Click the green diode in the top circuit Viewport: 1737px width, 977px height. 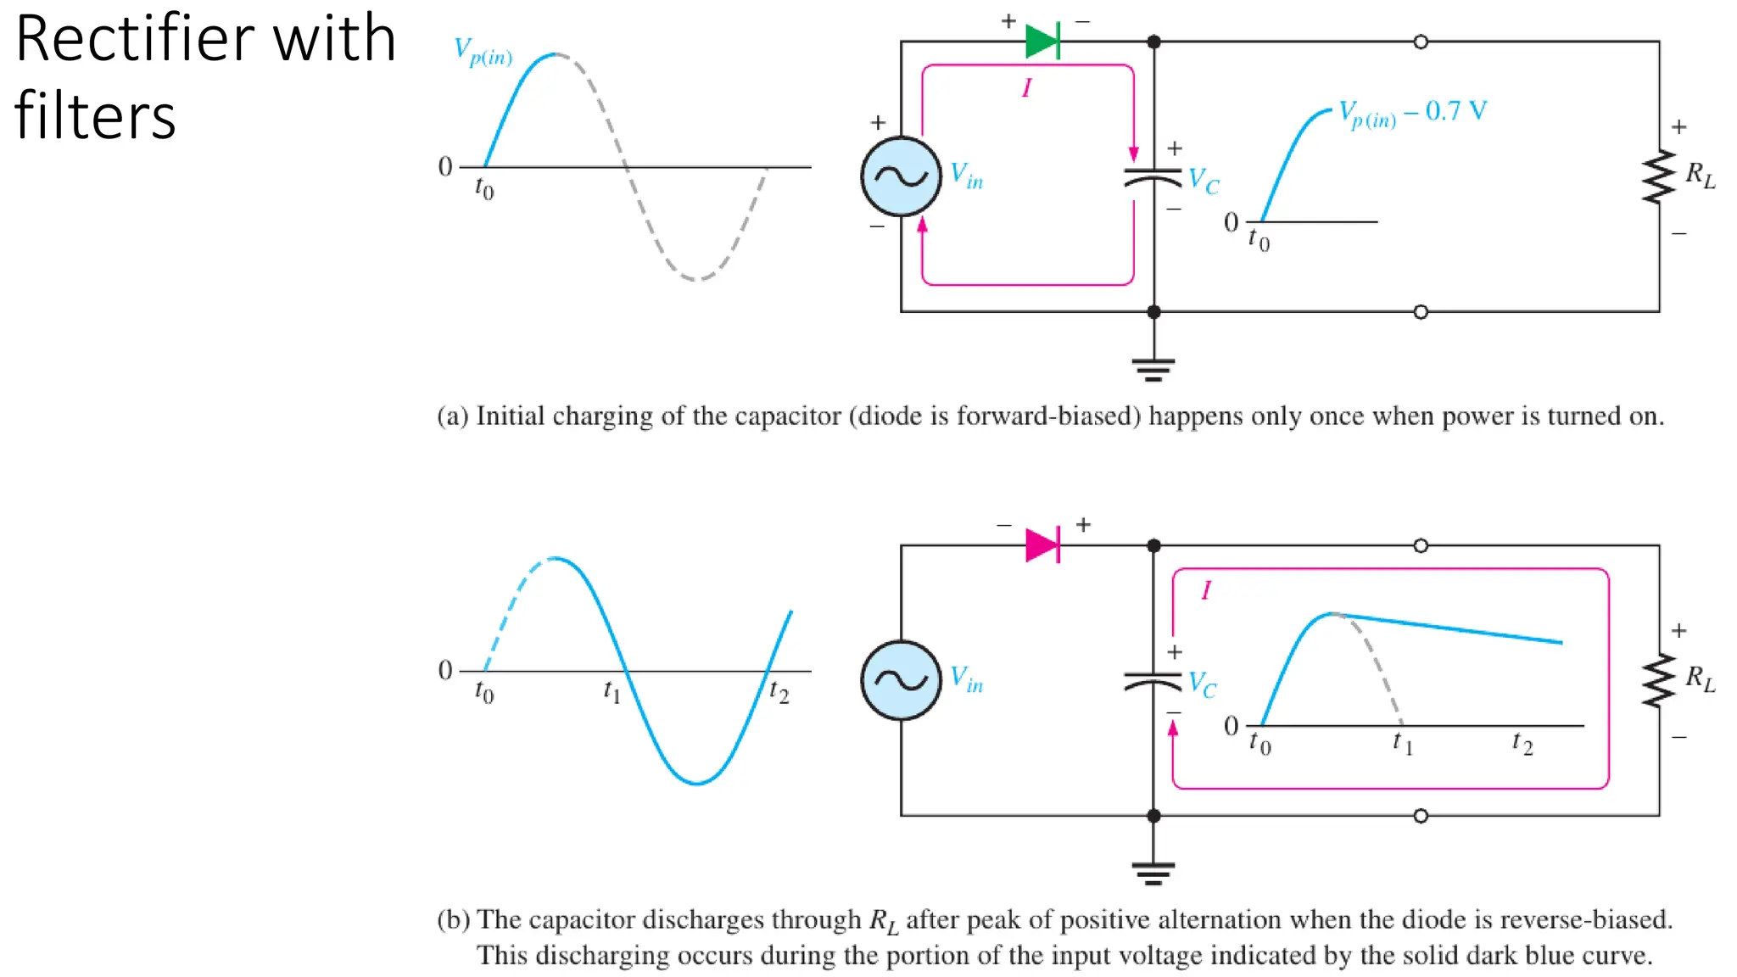tap(1042, 41)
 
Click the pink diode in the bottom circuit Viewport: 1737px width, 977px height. tap(1042, 545)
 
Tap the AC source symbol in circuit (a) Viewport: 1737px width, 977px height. tap(901, 176)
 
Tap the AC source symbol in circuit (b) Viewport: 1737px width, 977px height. tap(901, 680)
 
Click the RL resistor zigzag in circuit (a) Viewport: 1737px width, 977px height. tap(1659, 176)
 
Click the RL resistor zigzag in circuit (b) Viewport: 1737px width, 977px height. tap(1659, 680)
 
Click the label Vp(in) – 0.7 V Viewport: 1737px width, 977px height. tap(1412, 113)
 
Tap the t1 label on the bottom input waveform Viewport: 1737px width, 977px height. tap(612, 692)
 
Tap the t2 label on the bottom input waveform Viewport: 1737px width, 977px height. tap(779, 693)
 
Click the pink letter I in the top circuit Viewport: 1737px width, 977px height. tap(1026, 88)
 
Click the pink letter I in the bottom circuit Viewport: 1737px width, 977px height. tap(1206, 590)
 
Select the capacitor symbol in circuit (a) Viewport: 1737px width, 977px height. tap(1153, 178)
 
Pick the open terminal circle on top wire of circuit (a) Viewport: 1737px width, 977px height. tap(1421, 42)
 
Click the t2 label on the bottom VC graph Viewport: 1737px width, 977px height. tap(1522, 745)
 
